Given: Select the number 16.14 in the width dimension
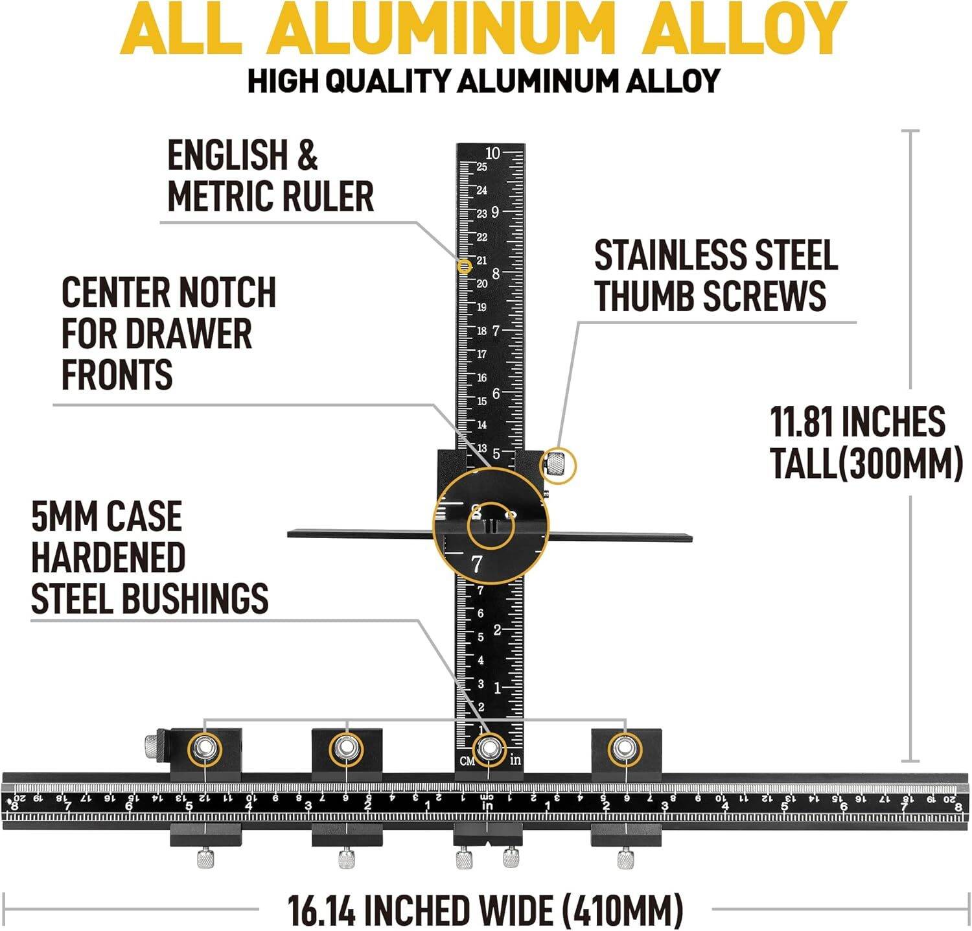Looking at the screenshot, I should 321,910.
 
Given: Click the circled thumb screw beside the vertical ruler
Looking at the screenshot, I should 557,465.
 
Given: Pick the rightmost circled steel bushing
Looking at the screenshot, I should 625,749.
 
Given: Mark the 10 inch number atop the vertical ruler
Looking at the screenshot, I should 492,154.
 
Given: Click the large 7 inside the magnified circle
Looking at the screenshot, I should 478,565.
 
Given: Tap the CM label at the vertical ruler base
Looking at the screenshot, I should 467,761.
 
